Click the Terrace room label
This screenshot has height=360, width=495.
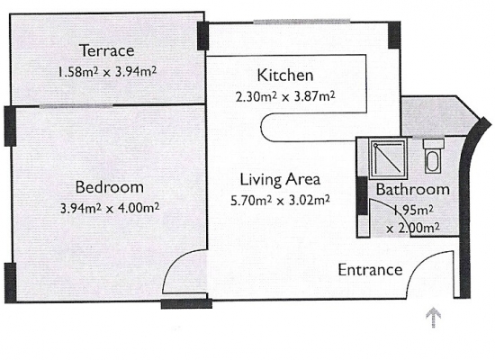click(x=107, y=50)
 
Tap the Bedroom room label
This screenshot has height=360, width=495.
click(x=110, y=187)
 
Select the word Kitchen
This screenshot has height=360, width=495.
click(x=285, y=76)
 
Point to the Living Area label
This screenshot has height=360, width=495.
click(x=280, y=179)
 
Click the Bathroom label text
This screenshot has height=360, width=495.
click(x=413, y=190)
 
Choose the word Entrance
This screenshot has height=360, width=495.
click(x=370, y=270)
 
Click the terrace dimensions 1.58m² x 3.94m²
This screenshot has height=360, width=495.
click(x=107, y=72)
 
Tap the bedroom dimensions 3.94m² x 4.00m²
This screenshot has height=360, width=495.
click(x=110, y=208)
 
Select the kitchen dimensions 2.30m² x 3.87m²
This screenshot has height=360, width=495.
click(x=285, y=96)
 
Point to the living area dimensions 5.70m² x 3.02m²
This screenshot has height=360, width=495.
click(x=280, y=200)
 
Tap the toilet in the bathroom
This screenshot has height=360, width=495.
click(x=434, y=156)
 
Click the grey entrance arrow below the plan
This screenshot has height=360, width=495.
click(x=434, y=317)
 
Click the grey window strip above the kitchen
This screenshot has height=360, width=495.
click(x=301, y=22)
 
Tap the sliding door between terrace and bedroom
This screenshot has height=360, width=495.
click(x=76, y=106)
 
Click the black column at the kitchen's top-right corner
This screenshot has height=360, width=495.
click(x=394, y=35)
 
